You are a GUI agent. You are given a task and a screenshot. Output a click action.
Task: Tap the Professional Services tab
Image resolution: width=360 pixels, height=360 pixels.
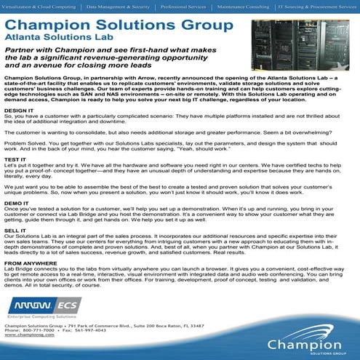185,6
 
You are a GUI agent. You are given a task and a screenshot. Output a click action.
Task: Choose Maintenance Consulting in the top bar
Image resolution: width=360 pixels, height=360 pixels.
244,6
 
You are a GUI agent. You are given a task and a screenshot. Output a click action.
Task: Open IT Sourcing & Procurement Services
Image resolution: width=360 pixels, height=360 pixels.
317,6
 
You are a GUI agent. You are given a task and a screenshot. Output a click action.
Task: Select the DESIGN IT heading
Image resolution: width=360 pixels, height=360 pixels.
18,111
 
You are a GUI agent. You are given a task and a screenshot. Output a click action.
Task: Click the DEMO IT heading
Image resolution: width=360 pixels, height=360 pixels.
15,203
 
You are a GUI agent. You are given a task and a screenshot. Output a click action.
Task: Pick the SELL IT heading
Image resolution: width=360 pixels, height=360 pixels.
15,230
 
